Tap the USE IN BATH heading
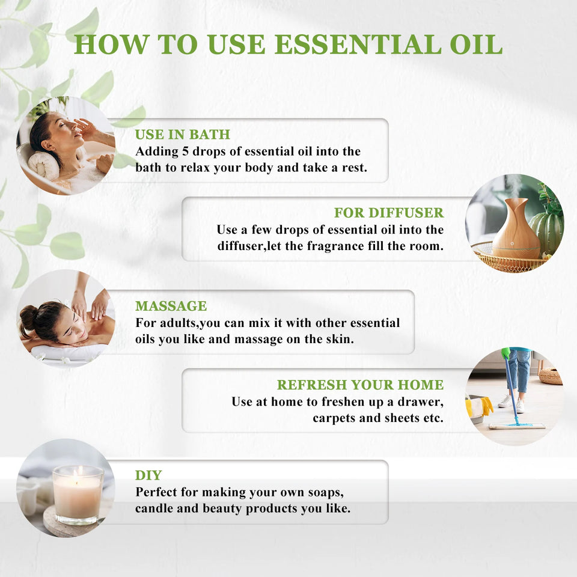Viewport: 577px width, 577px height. [x=182, y=135]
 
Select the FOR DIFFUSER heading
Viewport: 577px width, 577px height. [x=389, y=213]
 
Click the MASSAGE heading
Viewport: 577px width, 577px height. [x=171, y=306]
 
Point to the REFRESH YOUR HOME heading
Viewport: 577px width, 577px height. [x=360, y=385]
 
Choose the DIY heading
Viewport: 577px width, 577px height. [x=148, y=475]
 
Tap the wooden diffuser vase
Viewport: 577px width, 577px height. [x=515, y=231]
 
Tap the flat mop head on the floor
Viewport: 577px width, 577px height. [x=516, y=426]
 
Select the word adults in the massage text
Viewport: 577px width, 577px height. [x=177, y=323]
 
